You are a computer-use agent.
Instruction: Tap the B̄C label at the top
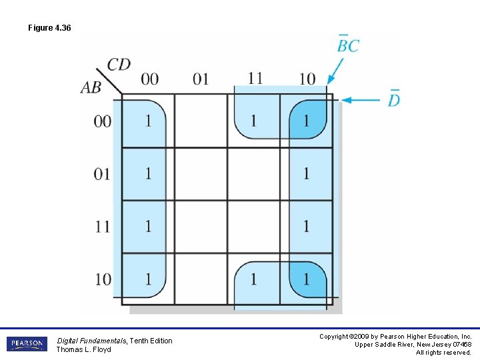coord(347,45)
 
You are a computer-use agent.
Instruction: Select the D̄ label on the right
coord(394,99)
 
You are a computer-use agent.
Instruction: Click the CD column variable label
coord(119,65)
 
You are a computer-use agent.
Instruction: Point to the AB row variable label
coord(91,87)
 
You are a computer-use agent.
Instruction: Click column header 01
coord(201,79)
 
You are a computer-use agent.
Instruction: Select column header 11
coord(255,78)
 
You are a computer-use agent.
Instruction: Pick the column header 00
coord(149,79)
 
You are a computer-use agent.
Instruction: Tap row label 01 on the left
coord(103,174)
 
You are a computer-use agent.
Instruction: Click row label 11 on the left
coord(103,226)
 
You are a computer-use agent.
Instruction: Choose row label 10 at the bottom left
coord(103,279)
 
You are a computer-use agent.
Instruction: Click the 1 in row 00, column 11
coord(253,121)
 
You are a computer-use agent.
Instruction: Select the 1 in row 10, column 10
coord(306,279)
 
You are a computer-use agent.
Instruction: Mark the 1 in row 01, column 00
coord(148,174)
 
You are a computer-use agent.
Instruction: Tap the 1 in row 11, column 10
coord(306,226)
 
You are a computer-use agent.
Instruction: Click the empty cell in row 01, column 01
coord(201,174)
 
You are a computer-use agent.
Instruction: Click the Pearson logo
coord(27,344)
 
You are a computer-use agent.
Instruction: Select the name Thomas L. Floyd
coord(83,349)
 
